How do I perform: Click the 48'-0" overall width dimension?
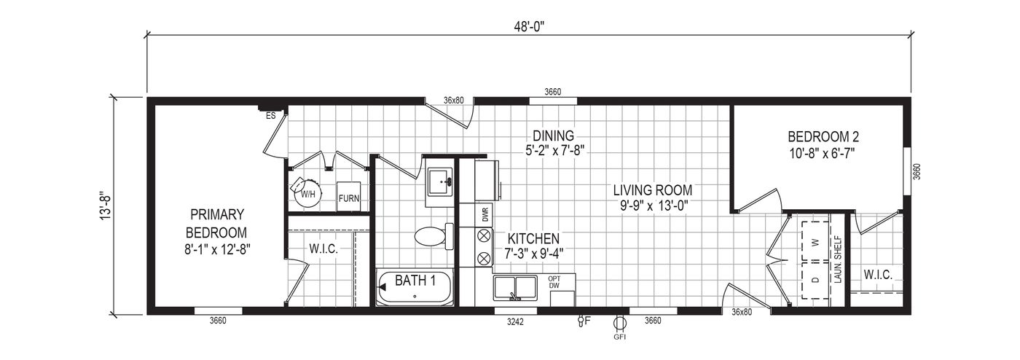pyautogui.click(x=529, y=26)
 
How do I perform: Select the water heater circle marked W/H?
pyautogui.click(x=307, y=195)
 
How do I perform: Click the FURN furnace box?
pyautogui.click(x=348, y=197)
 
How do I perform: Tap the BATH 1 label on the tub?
pyautogui.click(x=415, y=281)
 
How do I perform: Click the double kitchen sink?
pyautogui.click(x=515, y=289)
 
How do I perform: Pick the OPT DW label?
pyautogui.click(x=554, y=282)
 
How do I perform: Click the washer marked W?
pyautogui.click(x=815, y=243)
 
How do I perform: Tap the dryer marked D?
pyautogui.click(x=815, y=280)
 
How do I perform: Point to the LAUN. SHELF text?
pyautogui.click(x=839, y=259)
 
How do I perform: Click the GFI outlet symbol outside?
pyautogui.click(x=619, y=323)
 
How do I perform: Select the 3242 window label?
pyautogui.click(x=515, y=322)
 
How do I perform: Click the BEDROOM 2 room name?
pyautogui.click(x=823, y=136)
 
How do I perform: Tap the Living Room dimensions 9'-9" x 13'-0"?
pyautogui.click(x=653, y=206)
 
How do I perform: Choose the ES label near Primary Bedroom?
pyautogui.click(x=270, y=116)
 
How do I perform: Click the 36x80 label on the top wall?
pyautogui.click(x=453, y=101)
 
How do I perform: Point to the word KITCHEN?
pyautogui.click(x=533, y=238)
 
